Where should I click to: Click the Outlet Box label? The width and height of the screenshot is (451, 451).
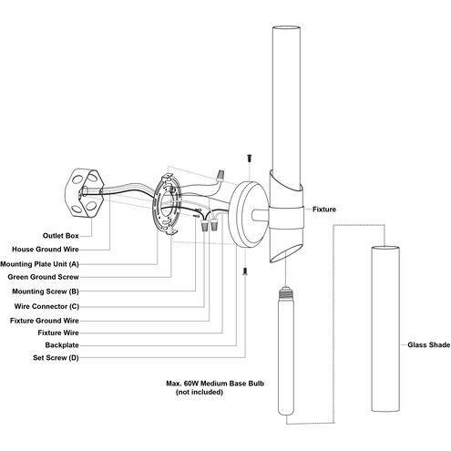tap(61, 236)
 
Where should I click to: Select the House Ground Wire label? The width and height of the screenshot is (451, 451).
tap(46, 250)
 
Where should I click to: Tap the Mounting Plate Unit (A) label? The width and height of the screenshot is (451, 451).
tap(39, 264)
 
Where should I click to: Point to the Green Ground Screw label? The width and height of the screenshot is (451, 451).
tap(43, 277)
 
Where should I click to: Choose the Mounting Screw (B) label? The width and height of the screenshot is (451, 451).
tap(46, 292)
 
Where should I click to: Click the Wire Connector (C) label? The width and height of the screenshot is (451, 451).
tap(46, 306)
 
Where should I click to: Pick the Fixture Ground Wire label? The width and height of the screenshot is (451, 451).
tap(45, 321)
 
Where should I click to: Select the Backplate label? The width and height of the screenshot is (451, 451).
tap(62, 345)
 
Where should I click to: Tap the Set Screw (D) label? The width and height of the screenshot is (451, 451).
tap(56, 358)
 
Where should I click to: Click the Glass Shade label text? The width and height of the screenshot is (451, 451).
tap(429, 345)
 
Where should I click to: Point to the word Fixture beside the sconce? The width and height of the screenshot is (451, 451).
tap(324, 210)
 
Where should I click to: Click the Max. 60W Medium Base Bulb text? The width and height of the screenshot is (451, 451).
tap(215, 384)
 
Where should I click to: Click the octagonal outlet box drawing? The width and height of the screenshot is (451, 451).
tap(85, 193)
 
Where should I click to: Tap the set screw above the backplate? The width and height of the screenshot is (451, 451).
tap(250, 159)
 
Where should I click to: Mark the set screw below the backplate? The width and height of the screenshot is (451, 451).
tap(245, 272)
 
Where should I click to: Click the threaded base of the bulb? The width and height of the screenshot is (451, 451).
tap(286, 292)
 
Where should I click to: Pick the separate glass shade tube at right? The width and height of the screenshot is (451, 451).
tap(385, 329)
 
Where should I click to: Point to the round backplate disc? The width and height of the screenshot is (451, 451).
tap(249, 214)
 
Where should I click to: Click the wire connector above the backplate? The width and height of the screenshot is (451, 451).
tap(220, 176)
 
